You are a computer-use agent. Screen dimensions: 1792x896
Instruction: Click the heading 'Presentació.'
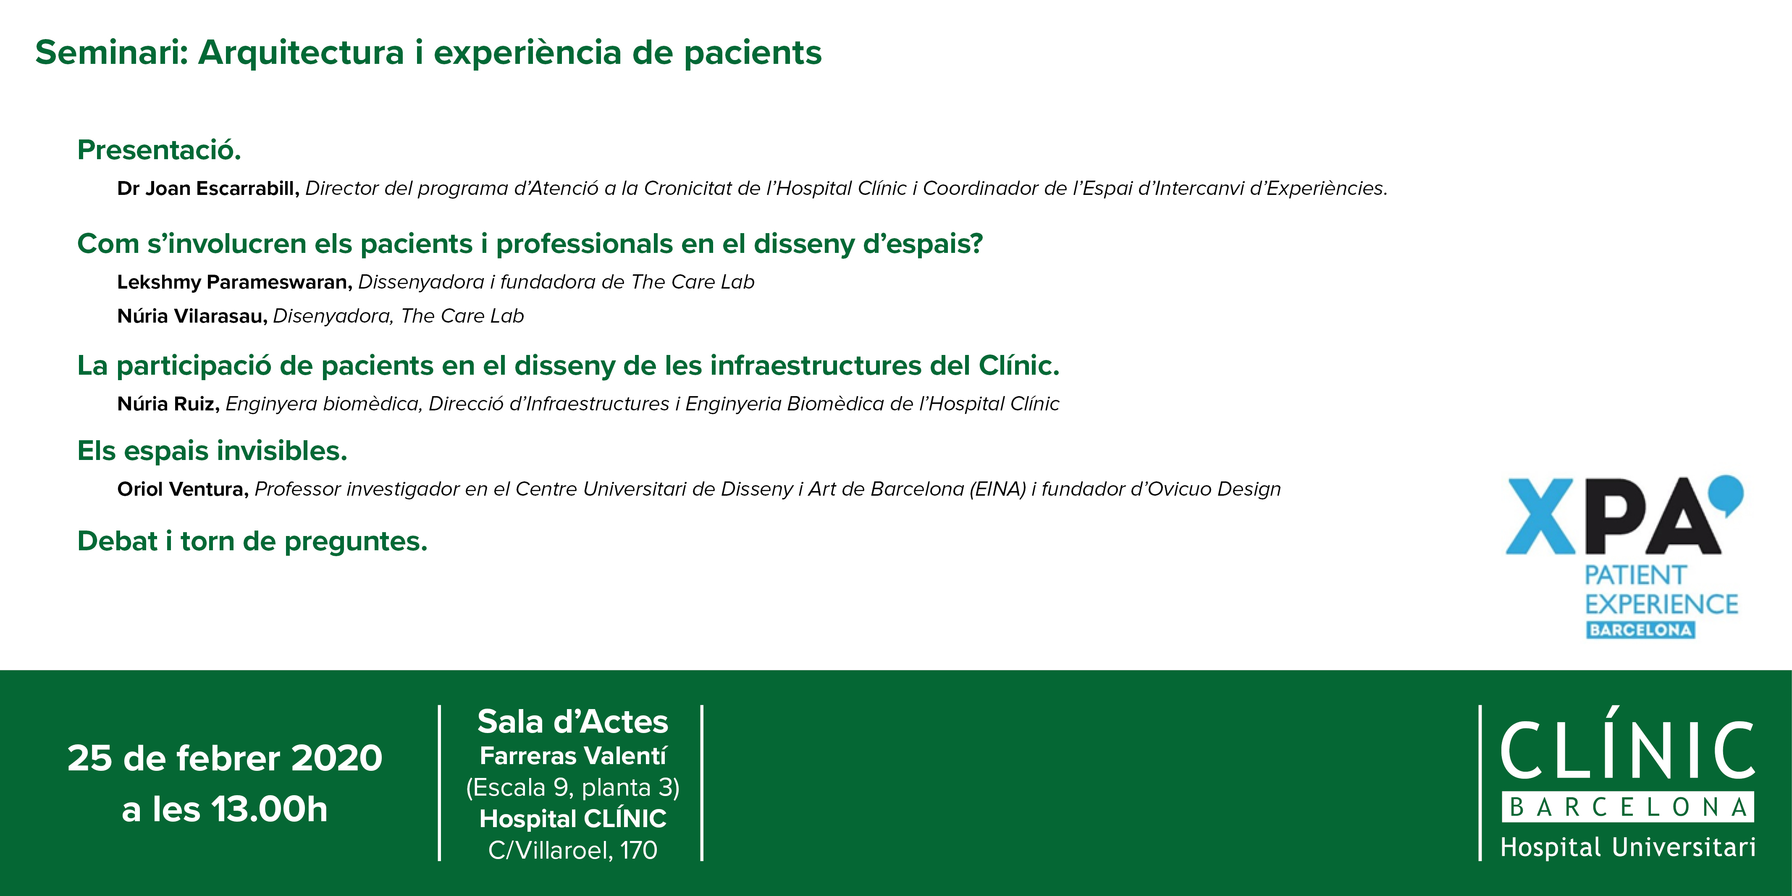click(x=159, y=150)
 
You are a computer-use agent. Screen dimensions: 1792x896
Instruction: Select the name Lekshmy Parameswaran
click(x=234, y=282)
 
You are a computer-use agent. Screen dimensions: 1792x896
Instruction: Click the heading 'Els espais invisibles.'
click(x=212, y=451)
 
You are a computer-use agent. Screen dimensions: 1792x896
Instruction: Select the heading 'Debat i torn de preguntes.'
click(x=252, y=541)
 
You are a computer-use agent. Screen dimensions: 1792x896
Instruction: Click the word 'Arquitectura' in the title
click(x=301, y=53)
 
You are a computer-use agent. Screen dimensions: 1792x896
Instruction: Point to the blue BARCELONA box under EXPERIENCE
click(x=1640, y=630)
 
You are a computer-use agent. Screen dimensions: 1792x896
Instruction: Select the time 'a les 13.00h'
click(x=225, y=809)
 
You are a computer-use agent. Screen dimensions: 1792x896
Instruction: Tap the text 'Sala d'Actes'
click(x=572, y=721)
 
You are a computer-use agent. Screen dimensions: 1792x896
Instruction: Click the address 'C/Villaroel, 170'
click(x=572, y=850)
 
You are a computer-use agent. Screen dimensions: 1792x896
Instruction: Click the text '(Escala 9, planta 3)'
click(x=572, y=788)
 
